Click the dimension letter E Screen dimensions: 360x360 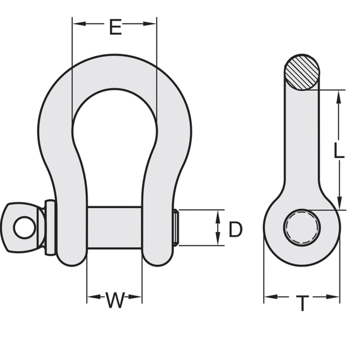click(x=115, y=27)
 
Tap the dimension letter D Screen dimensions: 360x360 click(x=235, y=230)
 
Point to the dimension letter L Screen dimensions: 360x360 click(x=338, y=151)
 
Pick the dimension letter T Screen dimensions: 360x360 click(x=302, y=304)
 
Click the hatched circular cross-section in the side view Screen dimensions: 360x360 click(x=302, y=72)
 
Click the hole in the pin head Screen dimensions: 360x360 click(x=23, y=228)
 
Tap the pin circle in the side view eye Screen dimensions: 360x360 click(x=302, y=226)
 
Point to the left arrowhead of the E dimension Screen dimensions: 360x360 click(x=76, y=23)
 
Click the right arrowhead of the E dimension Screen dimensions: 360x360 click(x=152, y=23)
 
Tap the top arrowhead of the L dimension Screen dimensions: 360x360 click(x=338, y=97)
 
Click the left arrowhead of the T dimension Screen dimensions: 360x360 click(x=268, y=297)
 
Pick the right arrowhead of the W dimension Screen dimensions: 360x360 click(x=137, y=297)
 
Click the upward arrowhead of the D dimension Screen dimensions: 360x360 click(x=219, y=215)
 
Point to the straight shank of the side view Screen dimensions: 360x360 click(x=302, y=142)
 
